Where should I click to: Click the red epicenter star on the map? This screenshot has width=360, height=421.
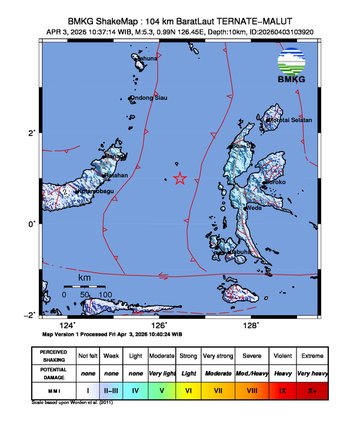180,179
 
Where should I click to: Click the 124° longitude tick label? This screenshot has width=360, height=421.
67,325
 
